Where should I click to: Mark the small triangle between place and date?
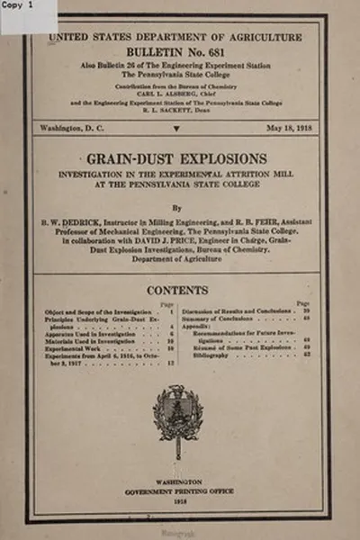(176, 131)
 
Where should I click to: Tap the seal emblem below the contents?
(177, 416)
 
